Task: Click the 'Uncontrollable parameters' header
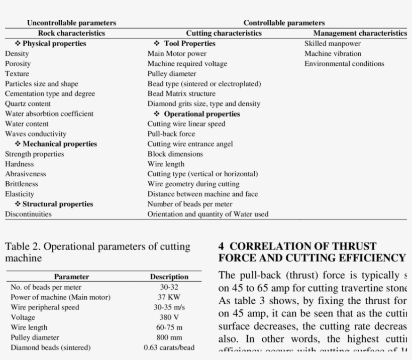tap(71, 23)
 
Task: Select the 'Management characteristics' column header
tap(360, 33)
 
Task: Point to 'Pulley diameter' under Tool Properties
tap(172, 73)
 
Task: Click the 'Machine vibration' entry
tap(333, 53)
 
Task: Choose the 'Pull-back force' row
tap(171, 134)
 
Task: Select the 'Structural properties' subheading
tap(57, 204)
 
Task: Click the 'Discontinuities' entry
tap(28, 214)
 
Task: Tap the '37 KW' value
tap(169, 297)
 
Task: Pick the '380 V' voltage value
tap(169, 317)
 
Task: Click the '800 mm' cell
tap(169, 337)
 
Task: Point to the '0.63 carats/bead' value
tap(169, 347)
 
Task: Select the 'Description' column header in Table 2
tap(169, 277)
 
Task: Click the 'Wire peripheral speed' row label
tap(45, 307)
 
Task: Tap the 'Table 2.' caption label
tap(20, 247)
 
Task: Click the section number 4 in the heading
tap(222, 247)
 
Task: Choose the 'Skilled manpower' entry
tap(333, 43)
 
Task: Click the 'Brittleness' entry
tap(22, 184)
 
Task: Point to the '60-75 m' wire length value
tap(169, 327)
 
